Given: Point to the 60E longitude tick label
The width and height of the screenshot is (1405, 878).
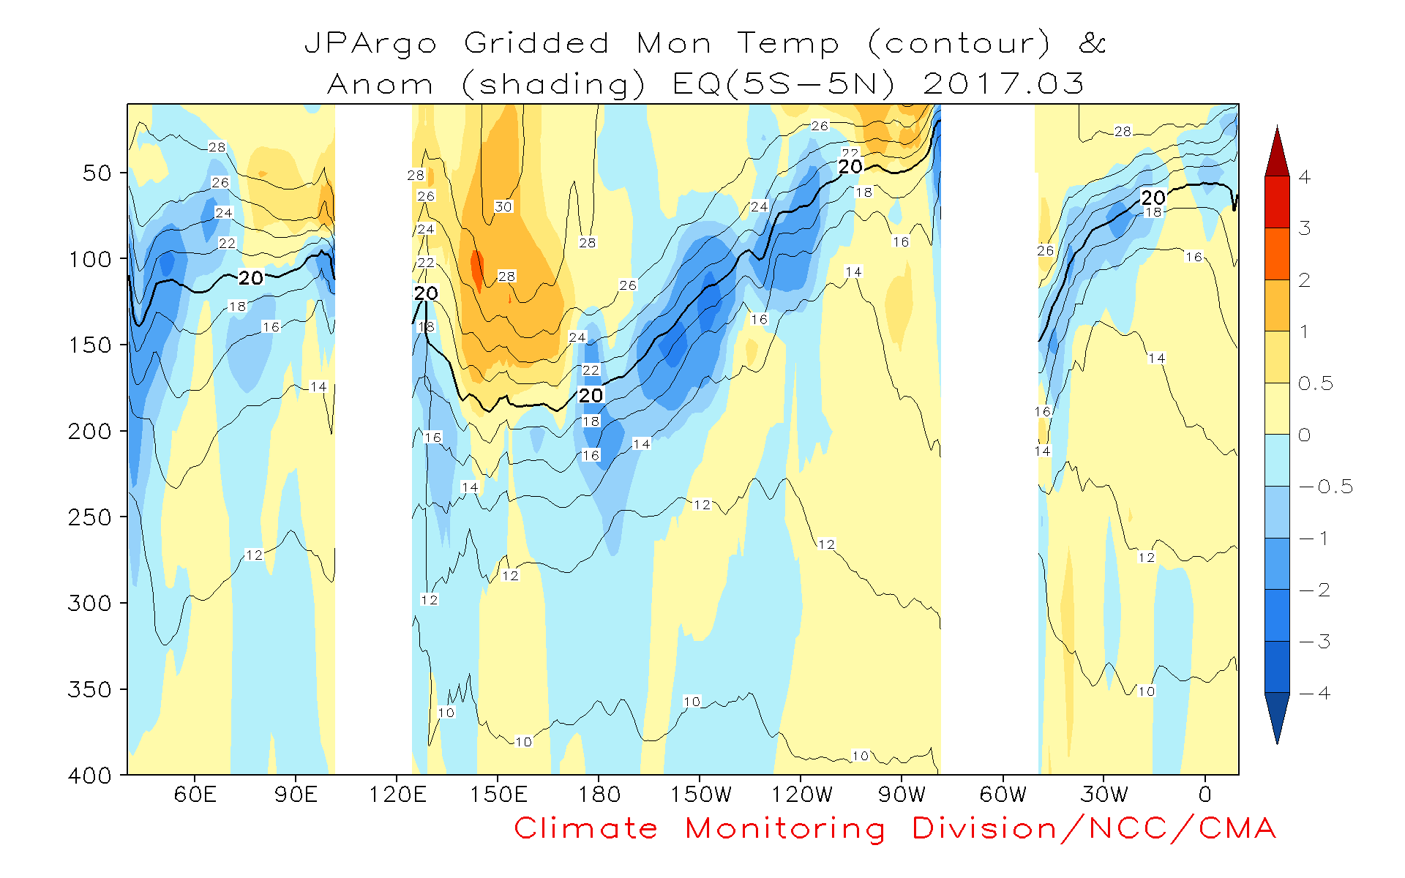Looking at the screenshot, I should (195, 795).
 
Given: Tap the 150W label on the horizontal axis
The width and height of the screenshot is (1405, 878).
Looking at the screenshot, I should (700, 795).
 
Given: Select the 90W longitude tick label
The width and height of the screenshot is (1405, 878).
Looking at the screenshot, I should (902, 795).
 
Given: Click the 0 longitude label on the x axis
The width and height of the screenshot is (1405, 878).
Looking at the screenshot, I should (1204, 795).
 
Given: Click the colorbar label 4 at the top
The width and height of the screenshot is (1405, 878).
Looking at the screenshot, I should (1305, 177).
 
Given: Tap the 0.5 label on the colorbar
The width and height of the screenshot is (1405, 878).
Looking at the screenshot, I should (1316, 383).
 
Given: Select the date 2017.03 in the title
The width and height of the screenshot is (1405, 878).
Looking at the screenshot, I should (1003, 84).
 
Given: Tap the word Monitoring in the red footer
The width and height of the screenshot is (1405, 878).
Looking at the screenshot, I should (785, 829).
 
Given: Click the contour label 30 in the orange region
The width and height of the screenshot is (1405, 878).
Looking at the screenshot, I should (503, 206).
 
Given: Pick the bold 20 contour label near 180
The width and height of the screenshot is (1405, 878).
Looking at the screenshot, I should (591, 396).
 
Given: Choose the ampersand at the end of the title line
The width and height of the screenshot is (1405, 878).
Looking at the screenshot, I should (1092, 43).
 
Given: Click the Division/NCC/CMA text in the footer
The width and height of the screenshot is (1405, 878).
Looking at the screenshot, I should (1094, 829).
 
